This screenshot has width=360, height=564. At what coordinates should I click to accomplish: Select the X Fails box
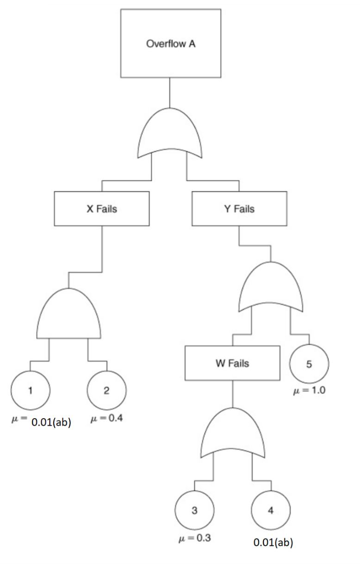pos(102,209)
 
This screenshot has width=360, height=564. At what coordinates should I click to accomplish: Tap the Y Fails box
pos(239,209)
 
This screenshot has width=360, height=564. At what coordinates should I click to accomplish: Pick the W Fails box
pos(232,363)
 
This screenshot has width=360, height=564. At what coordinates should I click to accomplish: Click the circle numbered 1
pos(31,390)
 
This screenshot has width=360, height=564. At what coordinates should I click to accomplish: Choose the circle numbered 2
pos(106,390)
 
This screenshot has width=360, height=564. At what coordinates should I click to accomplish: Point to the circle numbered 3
pos(195,511)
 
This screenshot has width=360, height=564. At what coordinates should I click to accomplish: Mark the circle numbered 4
pos(271,511)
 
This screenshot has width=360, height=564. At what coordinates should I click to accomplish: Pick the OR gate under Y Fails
pos(271,287)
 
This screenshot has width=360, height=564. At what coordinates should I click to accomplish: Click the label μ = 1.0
pos(310,390)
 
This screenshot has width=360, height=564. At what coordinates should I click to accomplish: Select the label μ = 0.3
pos(195,539)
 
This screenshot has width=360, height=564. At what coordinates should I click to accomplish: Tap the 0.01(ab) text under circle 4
pos(273,543)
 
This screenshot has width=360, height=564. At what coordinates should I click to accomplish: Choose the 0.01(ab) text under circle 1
pos(51,423)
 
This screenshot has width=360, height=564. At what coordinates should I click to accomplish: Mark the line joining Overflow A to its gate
pos(170,93)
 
